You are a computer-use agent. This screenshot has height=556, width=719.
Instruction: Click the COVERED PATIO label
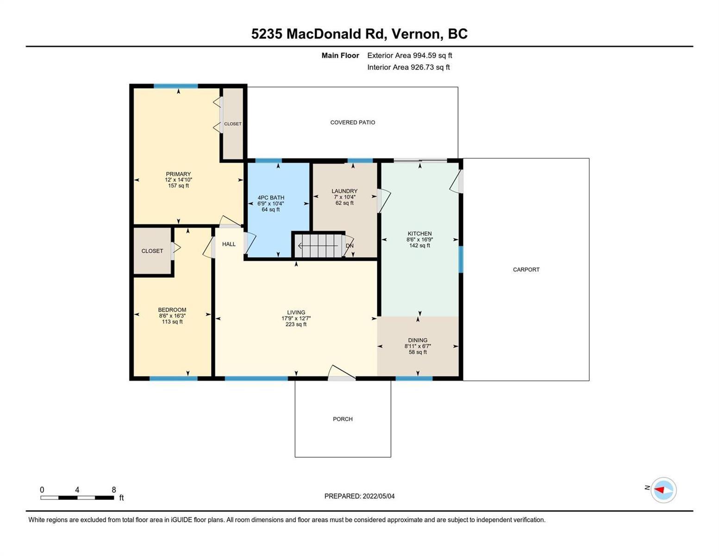pos(352,122)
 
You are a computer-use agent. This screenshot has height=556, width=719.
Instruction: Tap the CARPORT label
pos(526,270)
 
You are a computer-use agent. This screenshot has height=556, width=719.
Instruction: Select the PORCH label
pos(343,419)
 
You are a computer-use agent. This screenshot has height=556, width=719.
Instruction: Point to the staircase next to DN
pos(319,246)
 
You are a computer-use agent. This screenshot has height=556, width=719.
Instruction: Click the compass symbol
pos(663,490)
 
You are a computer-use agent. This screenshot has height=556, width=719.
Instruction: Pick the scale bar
pos(77,498)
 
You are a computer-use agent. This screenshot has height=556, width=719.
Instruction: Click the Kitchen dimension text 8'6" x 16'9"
pos(419,240)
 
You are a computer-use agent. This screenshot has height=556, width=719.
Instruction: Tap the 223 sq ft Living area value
pos(296,324)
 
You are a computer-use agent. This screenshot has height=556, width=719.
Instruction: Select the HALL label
pos(229,244)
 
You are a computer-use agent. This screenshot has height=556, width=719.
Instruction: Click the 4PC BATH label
pos(271,198)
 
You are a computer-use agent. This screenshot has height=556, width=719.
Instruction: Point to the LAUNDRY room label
pos(344,191)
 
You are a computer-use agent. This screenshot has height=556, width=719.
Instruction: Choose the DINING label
pos(418,340)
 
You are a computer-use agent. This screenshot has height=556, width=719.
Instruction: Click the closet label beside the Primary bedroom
pos(232,124)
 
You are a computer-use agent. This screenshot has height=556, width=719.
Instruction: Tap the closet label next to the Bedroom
pos(152,251)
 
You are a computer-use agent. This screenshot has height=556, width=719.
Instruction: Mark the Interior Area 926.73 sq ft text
pos(408,67)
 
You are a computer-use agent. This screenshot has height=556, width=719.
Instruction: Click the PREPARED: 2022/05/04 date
pos(359,496)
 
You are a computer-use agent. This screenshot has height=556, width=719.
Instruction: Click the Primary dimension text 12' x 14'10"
pos(178,180)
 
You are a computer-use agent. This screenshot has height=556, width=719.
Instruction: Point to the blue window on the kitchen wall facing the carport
pos(461,259)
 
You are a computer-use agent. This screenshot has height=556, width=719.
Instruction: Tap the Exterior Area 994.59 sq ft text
pos(410,55)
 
